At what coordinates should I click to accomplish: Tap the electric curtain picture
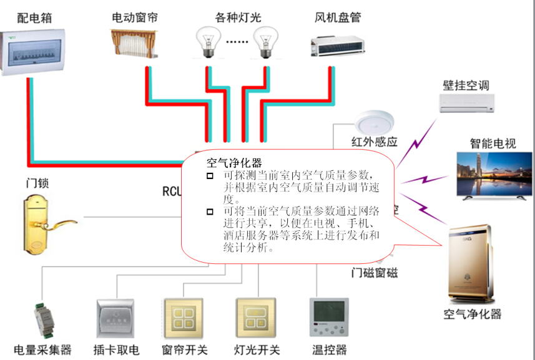134,42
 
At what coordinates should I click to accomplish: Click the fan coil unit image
337,44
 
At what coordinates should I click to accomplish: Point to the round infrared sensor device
373,122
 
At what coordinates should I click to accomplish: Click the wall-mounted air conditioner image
467,103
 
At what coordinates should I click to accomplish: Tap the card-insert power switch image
115,318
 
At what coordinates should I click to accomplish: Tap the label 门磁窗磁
374,273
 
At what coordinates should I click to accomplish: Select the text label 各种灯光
238,17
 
